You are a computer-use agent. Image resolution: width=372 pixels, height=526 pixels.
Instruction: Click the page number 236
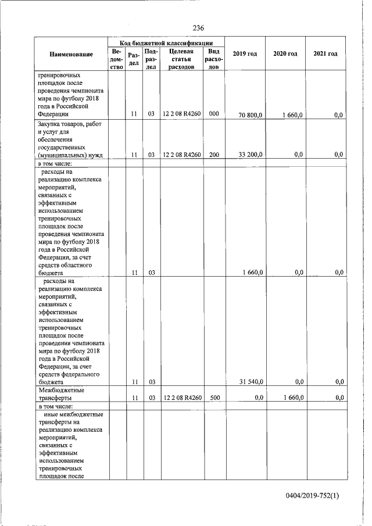pos(198,28)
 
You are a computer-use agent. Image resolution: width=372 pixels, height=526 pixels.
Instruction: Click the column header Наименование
pos(71,54)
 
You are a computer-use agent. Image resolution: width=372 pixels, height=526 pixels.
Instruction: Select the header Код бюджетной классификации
pos(165,42)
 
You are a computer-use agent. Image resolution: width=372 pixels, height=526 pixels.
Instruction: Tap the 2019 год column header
pos(245,54)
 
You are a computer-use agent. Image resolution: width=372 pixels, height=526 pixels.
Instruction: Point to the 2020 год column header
pos(285,54)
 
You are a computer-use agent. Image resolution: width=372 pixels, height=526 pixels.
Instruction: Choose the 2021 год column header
pos(325,54)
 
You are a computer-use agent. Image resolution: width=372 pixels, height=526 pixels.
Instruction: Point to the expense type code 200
pos(214,155)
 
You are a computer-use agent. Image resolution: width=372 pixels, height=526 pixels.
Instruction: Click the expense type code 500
pos(214,398)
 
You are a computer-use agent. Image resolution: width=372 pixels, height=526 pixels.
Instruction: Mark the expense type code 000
pos(214,114)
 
